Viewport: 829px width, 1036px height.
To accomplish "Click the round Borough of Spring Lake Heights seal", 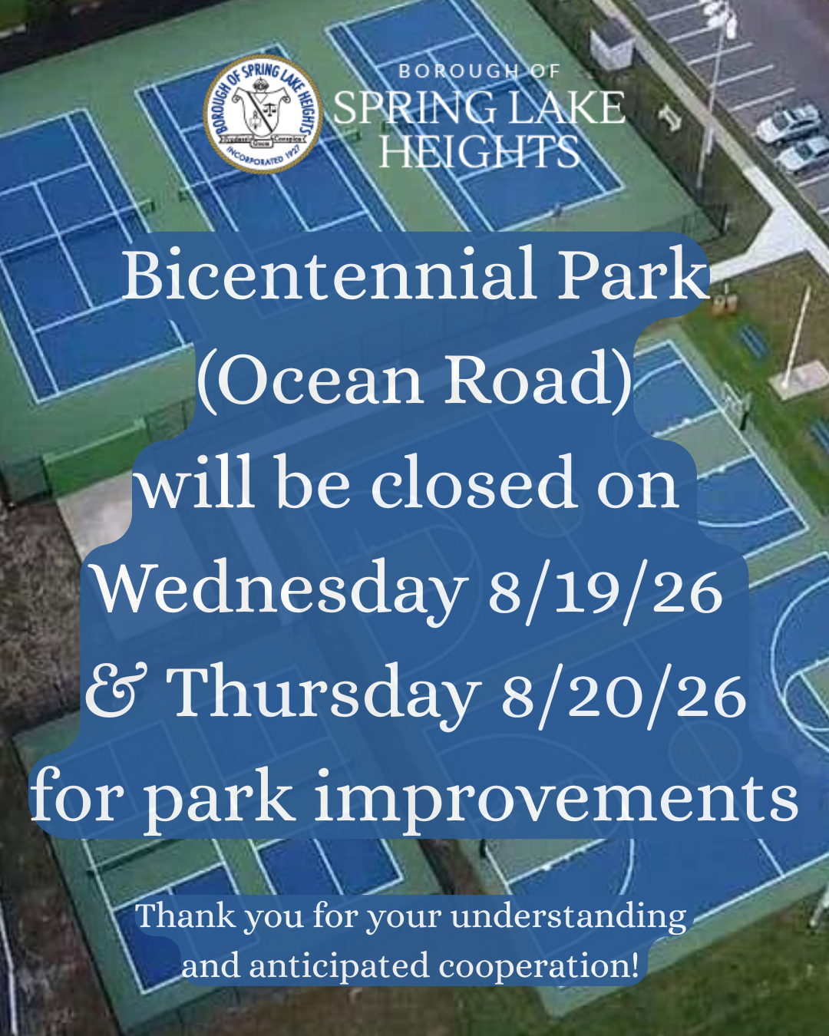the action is (262, 114).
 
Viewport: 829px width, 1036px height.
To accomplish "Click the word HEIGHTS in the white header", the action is (479, 150).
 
